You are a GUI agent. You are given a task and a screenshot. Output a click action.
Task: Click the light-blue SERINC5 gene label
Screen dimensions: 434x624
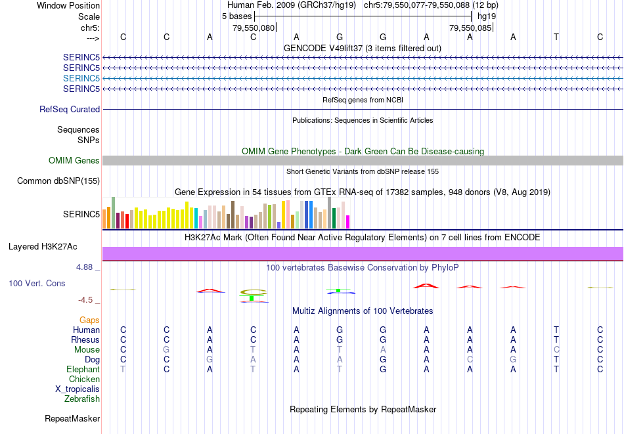pos(81,78)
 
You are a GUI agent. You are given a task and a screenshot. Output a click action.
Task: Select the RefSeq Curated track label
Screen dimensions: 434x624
pos(70,110)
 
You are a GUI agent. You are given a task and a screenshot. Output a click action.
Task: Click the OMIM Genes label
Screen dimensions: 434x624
pos(74,161)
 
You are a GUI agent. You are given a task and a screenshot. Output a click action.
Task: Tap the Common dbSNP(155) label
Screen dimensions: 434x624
pos(58,181)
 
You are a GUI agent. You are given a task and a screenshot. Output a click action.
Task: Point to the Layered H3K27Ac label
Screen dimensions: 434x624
pos(43,247)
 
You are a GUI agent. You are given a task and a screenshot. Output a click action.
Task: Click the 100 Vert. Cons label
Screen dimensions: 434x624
pos(37,284)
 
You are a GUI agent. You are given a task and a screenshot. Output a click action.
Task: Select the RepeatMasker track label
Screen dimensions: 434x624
pos(72,418)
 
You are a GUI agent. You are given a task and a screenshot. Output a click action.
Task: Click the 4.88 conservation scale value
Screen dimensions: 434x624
pos(85,267)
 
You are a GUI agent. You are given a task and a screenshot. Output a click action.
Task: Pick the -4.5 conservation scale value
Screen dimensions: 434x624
pos(85,300)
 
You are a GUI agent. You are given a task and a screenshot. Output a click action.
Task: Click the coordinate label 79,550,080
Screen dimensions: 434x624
pos(254,28)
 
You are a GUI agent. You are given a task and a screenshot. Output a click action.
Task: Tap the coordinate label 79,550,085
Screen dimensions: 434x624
pos(470,28)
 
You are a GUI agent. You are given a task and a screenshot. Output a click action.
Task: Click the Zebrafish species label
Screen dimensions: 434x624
pos(82,399)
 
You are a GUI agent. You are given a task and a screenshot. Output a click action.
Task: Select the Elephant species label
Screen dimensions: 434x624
pos(83,370)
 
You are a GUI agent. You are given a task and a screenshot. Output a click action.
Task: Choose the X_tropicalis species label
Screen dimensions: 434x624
pos(78,389)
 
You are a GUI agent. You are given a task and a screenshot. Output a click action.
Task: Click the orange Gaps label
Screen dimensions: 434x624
pos(89,320)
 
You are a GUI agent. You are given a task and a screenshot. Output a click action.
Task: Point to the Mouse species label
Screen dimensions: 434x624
pos(87,350)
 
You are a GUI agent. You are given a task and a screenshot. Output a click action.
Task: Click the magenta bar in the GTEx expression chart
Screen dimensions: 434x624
pos(347,222)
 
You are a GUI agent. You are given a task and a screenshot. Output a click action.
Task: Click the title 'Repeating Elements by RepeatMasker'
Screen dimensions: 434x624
pos(363,409)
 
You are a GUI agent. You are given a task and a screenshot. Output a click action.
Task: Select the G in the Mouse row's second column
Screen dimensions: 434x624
pos(167,350)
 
